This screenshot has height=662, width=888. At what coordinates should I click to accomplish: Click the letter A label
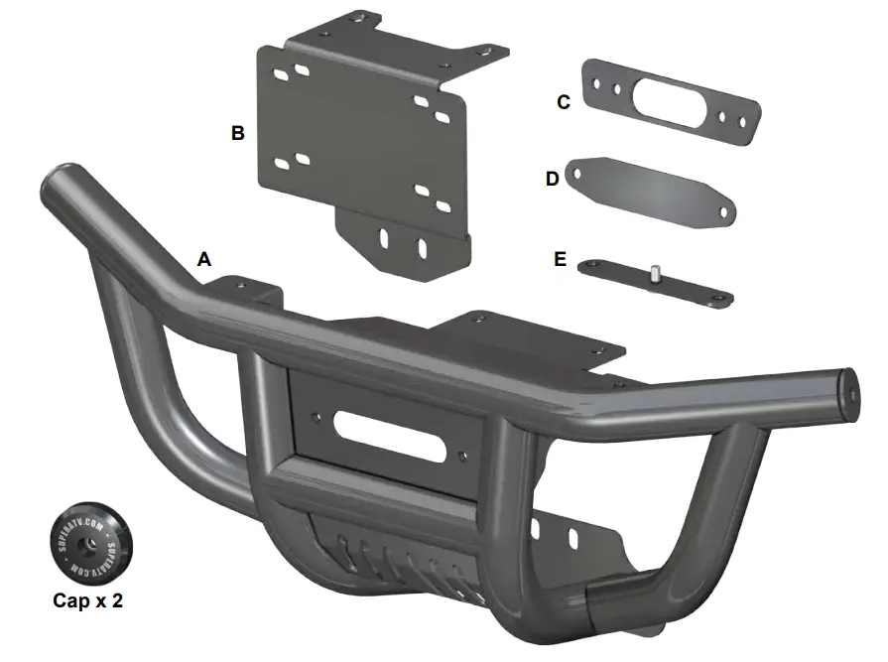click(x=205, y=259)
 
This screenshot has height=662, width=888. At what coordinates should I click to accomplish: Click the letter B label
click(x=238, y=132)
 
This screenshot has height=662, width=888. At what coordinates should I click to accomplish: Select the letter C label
click(x=564, y=101)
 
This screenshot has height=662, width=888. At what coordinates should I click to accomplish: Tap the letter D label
click(x=553, y=178)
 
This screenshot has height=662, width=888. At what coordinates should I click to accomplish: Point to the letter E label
click(x=561, y=259)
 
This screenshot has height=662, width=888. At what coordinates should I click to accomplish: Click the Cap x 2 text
click(x=89, y=599)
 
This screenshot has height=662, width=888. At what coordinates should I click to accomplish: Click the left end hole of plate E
click(x=593, y=264)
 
